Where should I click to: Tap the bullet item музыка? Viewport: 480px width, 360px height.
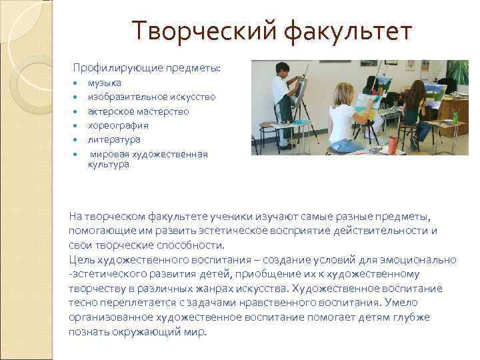point(104,83)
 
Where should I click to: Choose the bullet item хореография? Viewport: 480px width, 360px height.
point(118,125)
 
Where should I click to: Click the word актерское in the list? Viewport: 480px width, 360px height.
point(109,111)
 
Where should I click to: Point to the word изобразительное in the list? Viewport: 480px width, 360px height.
point(125,97)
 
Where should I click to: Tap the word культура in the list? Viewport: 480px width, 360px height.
point(108,164)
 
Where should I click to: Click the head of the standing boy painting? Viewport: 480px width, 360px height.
point(282,69)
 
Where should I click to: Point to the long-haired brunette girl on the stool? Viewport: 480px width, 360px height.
point(413,107)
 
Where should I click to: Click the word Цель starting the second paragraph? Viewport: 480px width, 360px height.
point(81,259)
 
